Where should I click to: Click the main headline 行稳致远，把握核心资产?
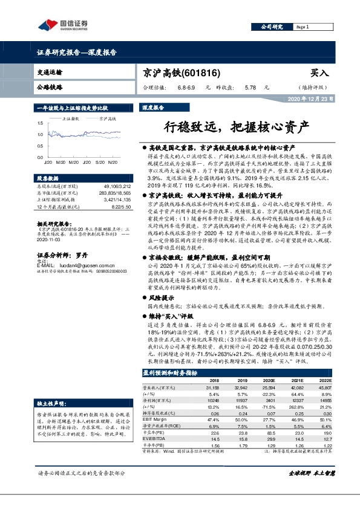(237, 127)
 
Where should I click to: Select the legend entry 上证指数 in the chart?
(72, 119)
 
